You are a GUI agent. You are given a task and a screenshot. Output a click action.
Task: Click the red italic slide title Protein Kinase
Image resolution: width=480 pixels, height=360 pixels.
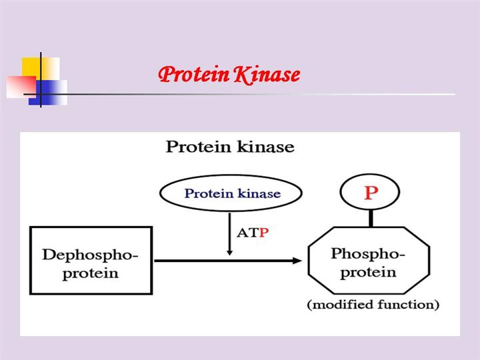(229, 74)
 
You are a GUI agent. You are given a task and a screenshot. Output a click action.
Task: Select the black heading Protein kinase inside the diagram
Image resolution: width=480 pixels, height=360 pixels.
(229, 147)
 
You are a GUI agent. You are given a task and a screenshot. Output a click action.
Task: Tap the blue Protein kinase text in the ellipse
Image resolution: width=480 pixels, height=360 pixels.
(232, 194)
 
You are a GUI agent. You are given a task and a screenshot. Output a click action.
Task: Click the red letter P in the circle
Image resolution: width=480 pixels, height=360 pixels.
(371, 193)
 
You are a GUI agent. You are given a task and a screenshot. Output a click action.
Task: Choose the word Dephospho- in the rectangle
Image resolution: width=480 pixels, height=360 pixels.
(91, 255)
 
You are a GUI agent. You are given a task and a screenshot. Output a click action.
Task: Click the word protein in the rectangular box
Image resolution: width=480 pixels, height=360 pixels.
(91, 273)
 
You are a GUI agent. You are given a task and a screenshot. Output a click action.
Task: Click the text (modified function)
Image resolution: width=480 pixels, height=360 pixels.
(373, 305)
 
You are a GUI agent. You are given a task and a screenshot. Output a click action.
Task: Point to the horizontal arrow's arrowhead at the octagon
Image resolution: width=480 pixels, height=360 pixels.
(297, 260)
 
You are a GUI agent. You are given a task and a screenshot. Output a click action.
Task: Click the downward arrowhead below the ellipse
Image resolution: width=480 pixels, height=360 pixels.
(229, 251)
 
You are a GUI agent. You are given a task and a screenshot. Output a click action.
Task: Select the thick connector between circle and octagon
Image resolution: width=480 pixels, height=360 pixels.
(371, 217)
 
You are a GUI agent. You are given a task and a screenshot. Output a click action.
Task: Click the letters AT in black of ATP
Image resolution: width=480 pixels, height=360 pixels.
(247, 233)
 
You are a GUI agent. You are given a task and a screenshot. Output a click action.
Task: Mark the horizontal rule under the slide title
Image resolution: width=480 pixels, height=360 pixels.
(267, 94)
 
